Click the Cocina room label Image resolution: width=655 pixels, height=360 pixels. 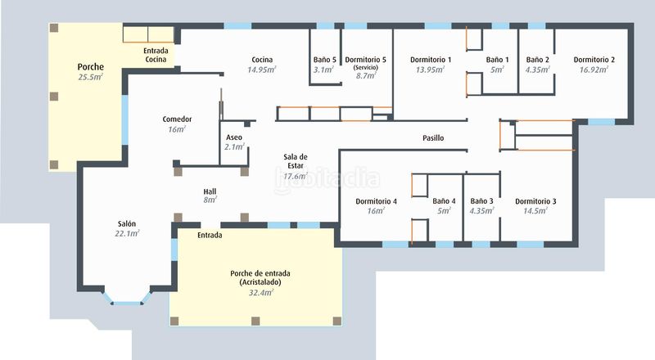[x=262, y=60]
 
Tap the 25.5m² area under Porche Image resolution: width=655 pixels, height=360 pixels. [x=90, y=77]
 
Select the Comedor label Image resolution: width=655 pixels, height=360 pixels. [x=177, y=119]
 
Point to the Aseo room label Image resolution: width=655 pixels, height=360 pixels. [x=234, y=137]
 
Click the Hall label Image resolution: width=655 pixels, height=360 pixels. [x=210, y=191]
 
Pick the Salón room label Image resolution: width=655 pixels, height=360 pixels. [x=127, y=224]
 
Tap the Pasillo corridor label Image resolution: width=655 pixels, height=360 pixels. [x=433, y=137]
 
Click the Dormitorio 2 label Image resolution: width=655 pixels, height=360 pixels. [x=594, y=60]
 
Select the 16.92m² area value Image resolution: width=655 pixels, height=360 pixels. [x=594, y=70]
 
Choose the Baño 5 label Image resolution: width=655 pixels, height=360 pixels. [x=324, y=60]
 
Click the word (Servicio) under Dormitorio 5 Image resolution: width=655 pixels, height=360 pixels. [x=365, y=67]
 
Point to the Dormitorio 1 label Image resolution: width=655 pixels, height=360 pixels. [x=431, y=60]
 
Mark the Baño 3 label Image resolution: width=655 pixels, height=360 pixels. [x=481, y=201]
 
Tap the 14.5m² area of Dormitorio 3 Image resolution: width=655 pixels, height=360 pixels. [x=535, y=211]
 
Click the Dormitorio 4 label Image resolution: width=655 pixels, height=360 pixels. [x=376, y=201]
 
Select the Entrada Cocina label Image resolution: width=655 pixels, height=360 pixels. [x=156, y=55]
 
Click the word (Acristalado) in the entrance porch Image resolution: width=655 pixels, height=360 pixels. [x=260, y=282]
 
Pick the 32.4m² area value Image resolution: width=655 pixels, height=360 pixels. [x=261, y=293]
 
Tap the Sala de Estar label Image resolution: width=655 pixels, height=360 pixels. [x=296, y=161]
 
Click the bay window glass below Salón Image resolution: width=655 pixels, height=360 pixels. [x=127, y=303]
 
